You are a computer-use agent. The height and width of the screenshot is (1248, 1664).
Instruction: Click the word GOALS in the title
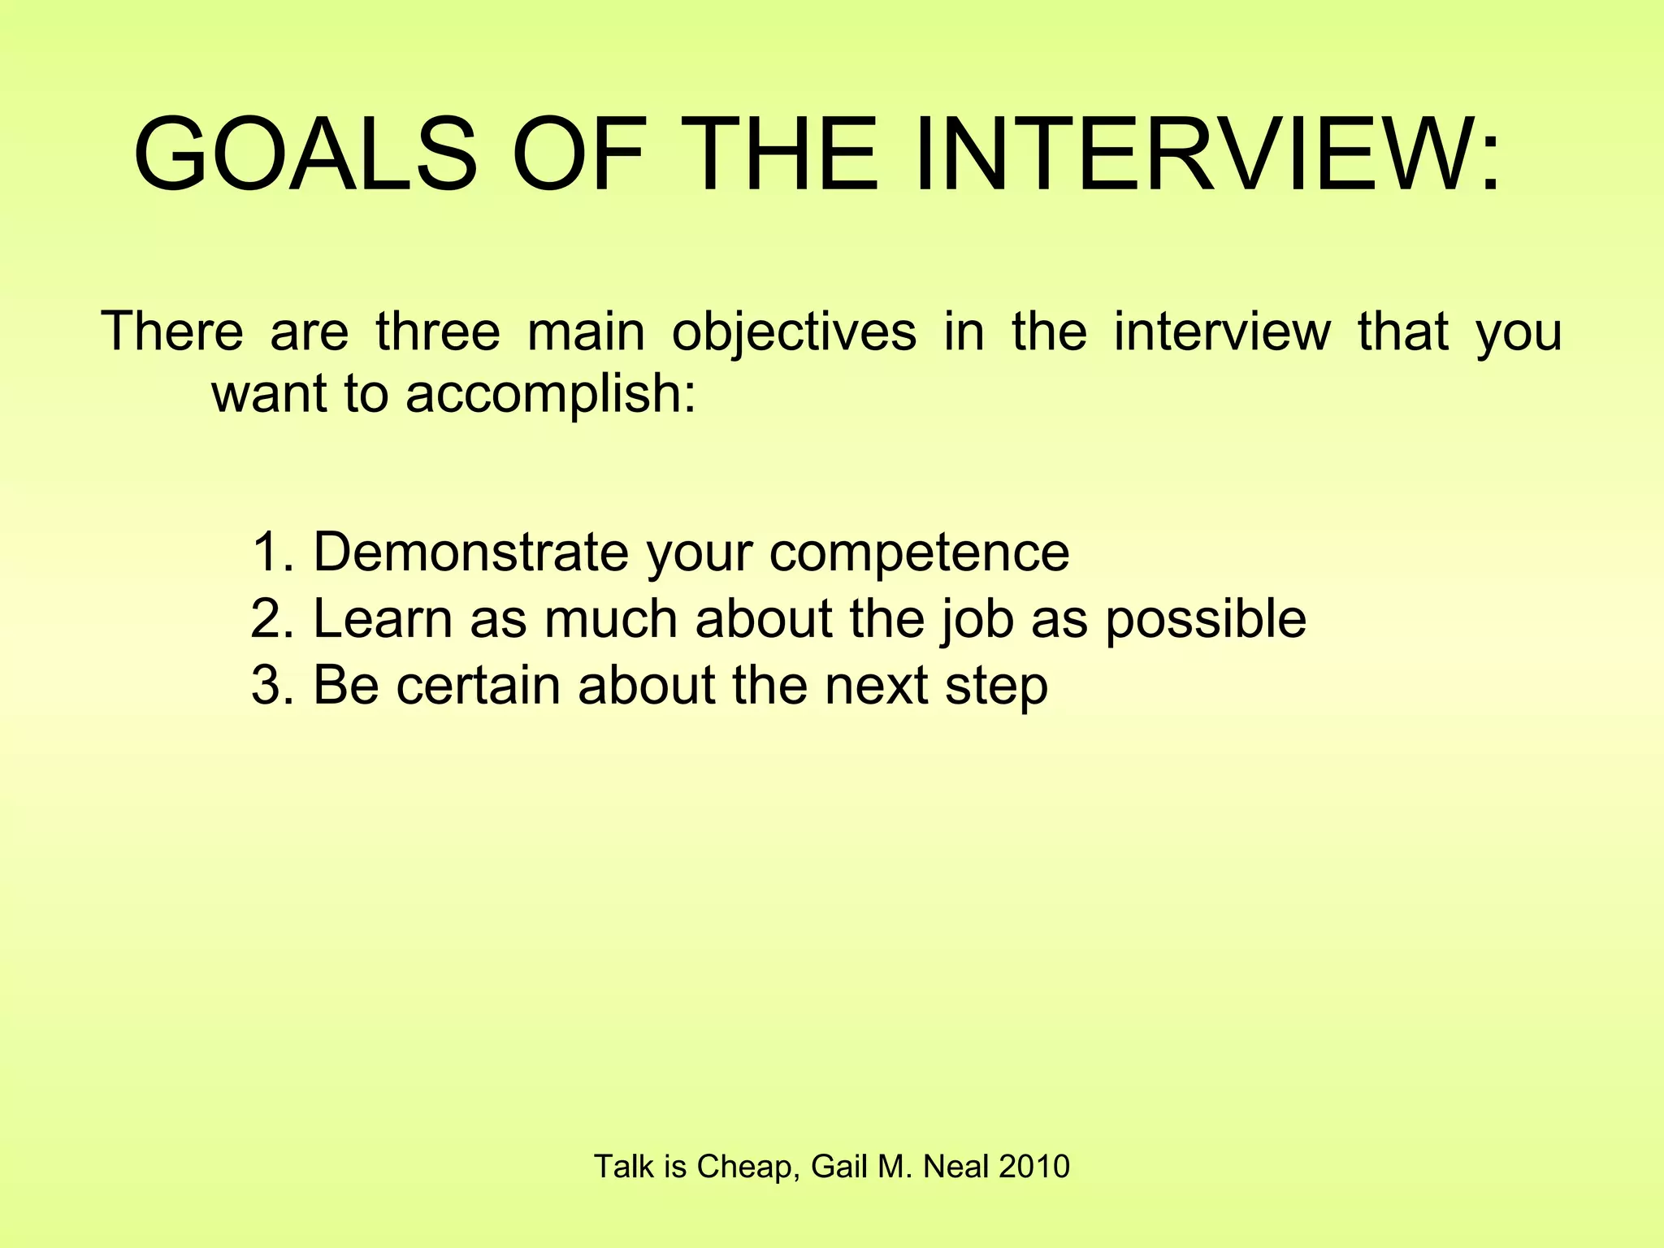[x=305, y=154]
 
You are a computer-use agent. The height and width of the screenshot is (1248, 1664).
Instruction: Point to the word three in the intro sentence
[x=438, y=331]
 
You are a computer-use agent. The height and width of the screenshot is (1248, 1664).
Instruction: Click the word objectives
[x=794, y=333]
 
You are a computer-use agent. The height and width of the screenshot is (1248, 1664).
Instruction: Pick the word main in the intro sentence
[x=586, y=331]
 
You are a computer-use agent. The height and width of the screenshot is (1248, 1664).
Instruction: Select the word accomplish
[x=551, y=395]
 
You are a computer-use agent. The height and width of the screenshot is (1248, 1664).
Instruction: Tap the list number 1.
[x=270, y=552]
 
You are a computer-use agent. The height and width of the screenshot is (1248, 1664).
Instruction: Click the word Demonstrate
[x=470, y=552]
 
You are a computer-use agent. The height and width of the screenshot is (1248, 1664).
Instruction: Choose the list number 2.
[x=270, y=618]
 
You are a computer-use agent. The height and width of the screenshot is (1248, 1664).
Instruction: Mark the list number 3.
[x=270, y=685]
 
